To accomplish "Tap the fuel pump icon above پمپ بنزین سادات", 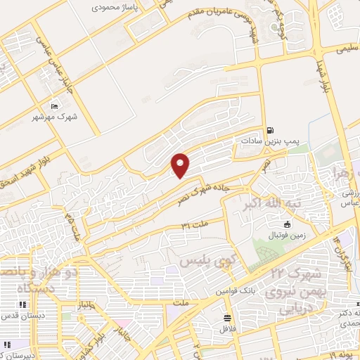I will click(271, 130).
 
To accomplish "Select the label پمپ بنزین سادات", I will click(271, 141).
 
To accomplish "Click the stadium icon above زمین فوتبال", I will click(287, 224).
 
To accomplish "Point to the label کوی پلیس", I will click(206, 261).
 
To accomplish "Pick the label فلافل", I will click(226, 328).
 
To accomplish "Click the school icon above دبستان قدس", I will click(22, 304).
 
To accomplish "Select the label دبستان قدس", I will click(22, 315).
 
